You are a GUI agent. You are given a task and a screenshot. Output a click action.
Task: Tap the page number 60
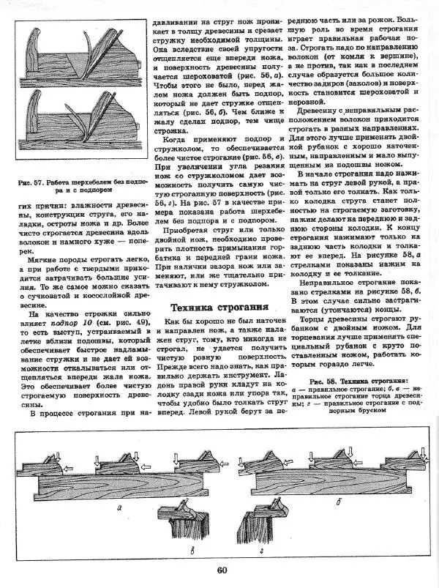[222, 572]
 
